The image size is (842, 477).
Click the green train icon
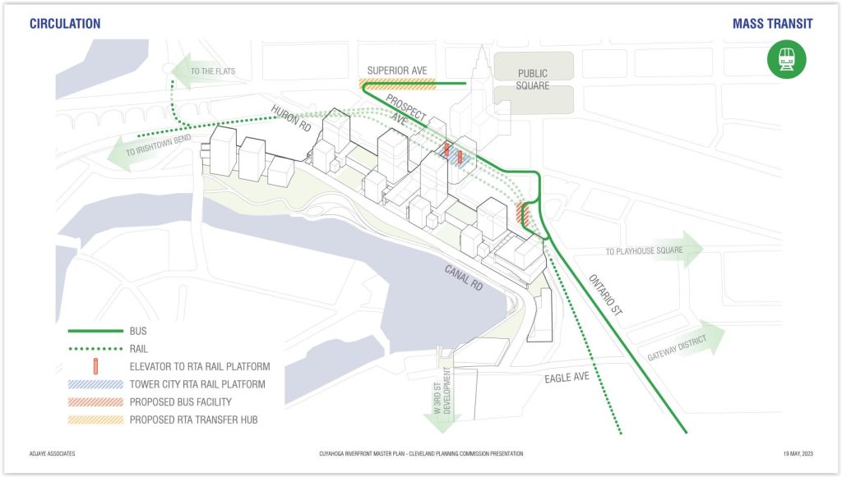coord(786,59)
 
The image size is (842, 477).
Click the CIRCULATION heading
coord(65,24)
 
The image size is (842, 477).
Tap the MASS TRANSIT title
coord(773,24)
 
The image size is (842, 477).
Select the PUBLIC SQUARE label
coord(533,80)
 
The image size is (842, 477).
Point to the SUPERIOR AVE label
coord(397,71)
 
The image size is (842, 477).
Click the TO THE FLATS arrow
coord(205,71)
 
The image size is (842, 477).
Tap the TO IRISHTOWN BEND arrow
coord(150,149)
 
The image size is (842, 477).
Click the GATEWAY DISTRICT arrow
coord(685,343)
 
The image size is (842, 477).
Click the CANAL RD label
coord(464,277)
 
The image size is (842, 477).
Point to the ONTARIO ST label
coord(606,295)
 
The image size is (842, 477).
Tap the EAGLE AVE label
coord(567,378)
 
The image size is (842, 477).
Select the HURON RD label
coord(291,118)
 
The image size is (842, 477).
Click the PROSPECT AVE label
coord(405,111)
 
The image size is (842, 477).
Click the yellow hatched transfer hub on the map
coord(397,84)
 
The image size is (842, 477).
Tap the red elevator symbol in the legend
coord(95,367)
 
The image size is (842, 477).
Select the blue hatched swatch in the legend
coord(95,384)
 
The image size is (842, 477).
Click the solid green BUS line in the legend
coord(95,331)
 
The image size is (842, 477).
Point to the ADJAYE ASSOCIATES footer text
coord(52,454)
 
